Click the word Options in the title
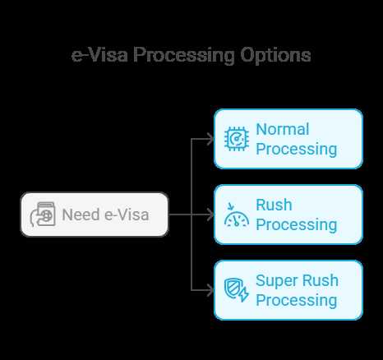click(275, 56)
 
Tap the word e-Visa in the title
click(99, 55)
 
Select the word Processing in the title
click(184, 56)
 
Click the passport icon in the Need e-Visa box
click(43, 215)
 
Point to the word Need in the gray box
click(81, 215)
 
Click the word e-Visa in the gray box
click(127, 215)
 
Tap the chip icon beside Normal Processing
click(237, 139)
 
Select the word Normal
click(283, 129)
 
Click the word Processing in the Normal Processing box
click(297, 150)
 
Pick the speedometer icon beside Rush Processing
click(237, 215)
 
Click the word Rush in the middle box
click(274, 205)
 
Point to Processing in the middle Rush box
click(297, 225)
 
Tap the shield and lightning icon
click(237, 290)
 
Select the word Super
click(276, 281)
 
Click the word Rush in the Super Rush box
click(321, 280)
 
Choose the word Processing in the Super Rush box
click(297, 301)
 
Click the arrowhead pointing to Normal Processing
click(210, 139)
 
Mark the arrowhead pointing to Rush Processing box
click(210, 215)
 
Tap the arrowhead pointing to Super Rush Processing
click(210, 290)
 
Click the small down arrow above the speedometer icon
click(231, 206)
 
